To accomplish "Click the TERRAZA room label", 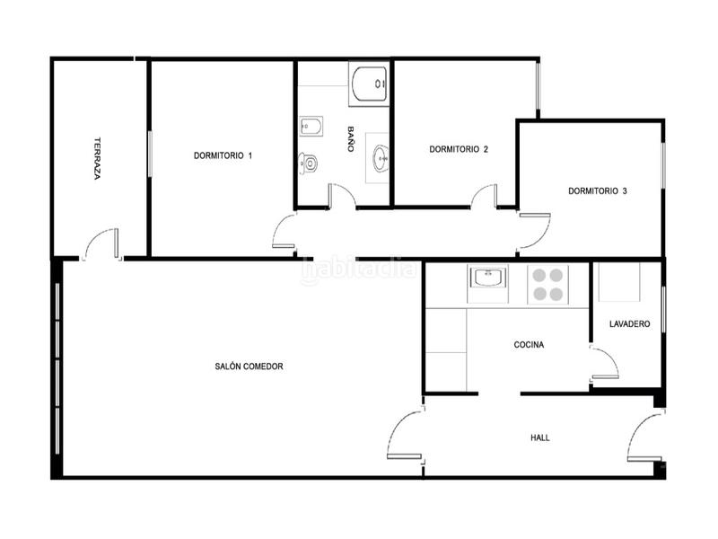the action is pos(97,158).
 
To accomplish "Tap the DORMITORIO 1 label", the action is pos(223,155).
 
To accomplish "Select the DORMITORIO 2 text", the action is pos(459,149).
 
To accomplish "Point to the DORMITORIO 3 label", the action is pos(598,191).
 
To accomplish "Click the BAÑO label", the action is pos(351,139).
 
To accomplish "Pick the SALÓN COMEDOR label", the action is pos(250,367).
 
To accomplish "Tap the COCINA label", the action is pos(529,345).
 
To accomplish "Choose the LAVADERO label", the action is pos(630,324).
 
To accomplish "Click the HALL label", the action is pos(540,437).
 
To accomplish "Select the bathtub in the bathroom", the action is pos(369,84).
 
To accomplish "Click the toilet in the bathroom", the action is pos(308,163).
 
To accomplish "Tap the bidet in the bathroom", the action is pos(311,126).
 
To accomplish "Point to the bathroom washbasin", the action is pos(380,158).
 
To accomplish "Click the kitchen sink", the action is pos(487,278).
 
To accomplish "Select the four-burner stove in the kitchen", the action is pos(547,285).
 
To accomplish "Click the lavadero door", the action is pos(605,364).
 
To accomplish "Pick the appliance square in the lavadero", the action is pos(619,282).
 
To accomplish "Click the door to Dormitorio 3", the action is pos(534,233).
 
